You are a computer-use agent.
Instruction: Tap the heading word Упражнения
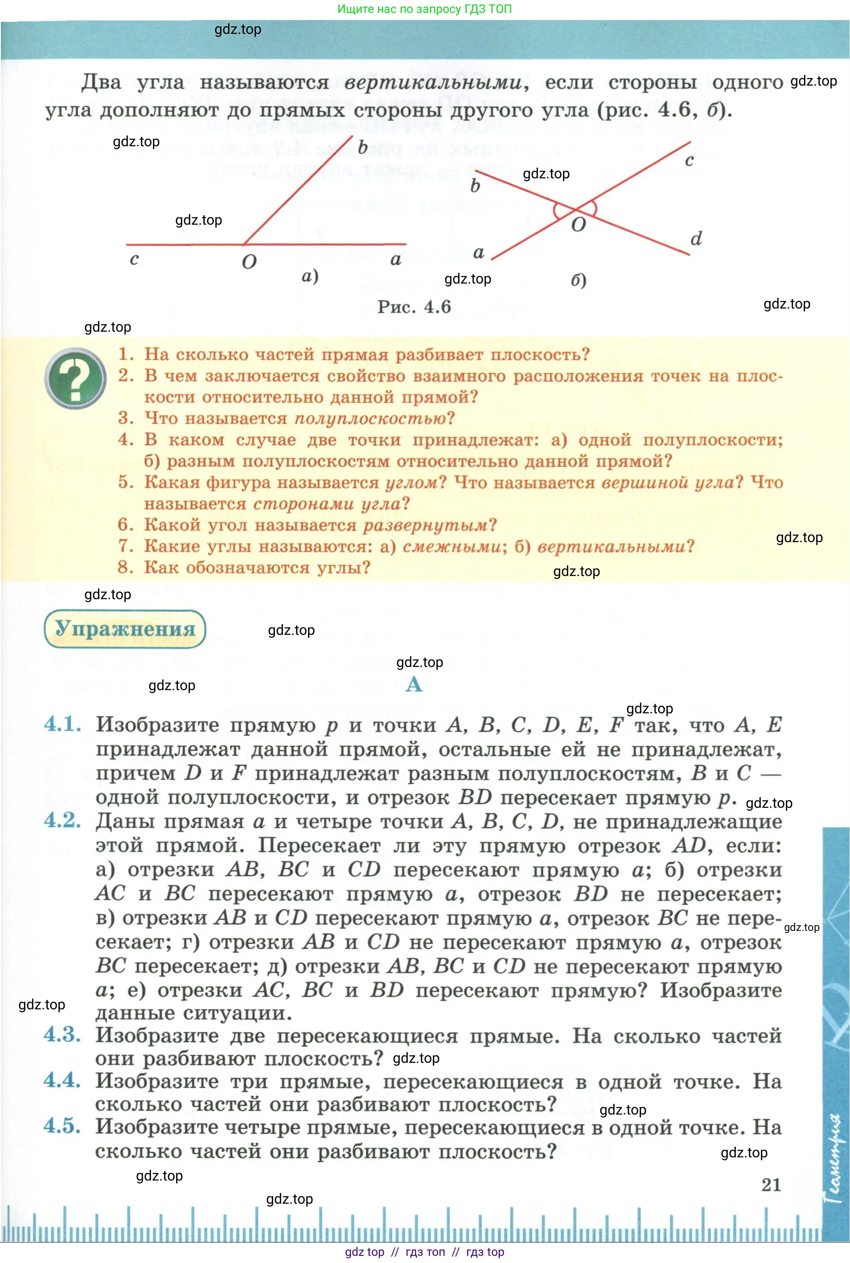125,628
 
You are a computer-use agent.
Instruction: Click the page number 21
771,1185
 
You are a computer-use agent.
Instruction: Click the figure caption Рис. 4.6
414,307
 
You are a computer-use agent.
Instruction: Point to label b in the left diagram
363,147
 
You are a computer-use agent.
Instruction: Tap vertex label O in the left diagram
249,262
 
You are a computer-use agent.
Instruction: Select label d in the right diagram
696,239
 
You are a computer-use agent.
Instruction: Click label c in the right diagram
689,160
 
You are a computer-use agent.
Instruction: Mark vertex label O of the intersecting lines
579,224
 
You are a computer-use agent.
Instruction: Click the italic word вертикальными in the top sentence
433,83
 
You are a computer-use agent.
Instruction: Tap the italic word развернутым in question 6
426,525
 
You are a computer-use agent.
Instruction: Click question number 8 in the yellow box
125,567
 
